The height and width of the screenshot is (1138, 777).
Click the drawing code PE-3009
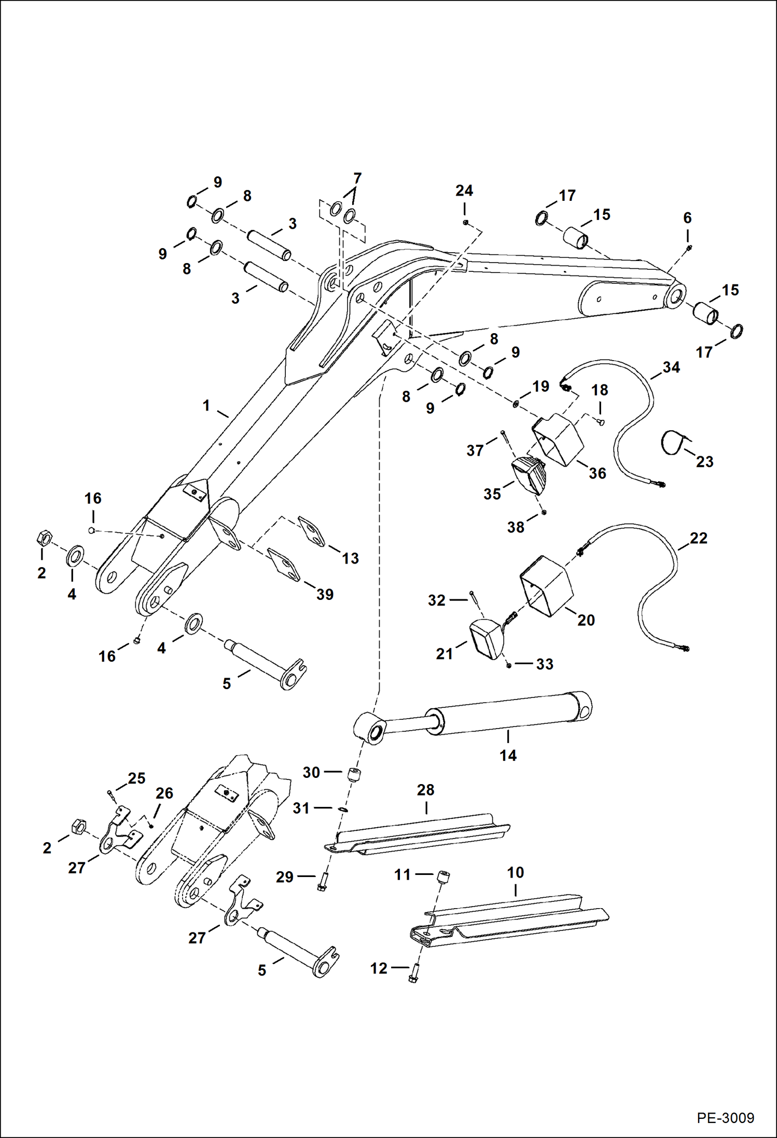725,1117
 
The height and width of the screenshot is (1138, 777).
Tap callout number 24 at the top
464,191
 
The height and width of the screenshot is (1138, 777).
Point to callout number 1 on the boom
206,405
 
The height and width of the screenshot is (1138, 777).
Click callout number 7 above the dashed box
357,179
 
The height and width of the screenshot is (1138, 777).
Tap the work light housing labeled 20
546,586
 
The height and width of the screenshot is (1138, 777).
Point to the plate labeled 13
312,531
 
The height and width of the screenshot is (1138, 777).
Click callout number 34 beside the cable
671,367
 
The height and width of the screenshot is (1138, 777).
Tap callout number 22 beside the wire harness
698,538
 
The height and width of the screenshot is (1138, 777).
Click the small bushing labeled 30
353,775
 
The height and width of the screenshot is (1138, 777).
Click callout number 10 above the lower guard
515,872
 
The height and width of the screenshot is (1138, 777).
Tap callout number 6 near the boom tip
687,218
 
